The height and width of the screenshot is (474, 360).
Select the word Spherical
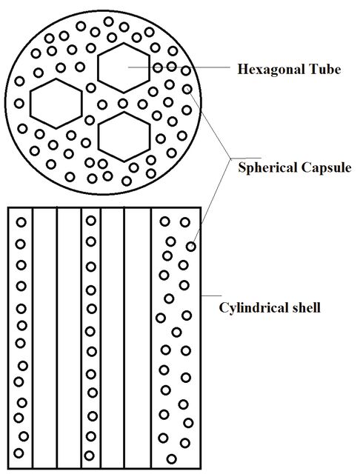pos(264,168)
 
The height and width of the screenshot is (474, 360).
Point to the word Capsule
pos(322,168)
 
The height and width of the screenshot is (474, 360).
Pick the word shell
pos(304,308)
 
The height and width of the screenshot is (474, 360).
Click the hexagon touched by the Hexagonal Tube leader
pos(124,68)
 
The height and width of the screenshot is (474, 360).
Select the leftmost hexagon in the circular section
pos(56,104)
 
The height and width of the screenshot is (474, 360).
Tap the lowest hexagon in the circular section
pos(124,137)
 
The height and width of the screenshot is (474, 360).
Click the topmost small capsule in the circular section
pos(108,21)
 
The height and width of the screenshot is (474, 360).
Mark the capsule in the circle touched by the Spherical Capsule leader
pos(187,89)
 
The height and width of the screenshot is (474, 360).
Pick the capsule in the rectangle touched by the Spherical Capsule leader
pos(190,247)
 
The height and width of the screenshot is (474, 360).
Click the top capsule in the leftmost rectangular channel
pos(21,222)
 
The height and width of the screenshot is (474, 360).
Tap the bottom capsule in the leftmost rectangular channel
pos(19,453)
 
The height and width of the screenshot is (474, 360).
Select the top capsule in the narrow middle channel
pos(90,221)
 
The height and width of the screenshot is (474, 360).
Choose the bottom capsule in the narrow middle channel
pos(89,455)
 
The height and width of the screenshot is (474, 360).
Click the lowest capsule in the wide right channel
pos(171,459)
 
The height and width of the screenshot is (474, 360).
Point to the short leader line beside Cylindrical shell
pos(211,296)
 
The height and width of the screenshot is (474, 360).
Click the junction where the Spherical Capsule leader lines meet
pos(230,158)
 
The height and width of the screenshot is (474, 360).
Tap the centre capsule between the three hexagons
pos(123,104)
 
